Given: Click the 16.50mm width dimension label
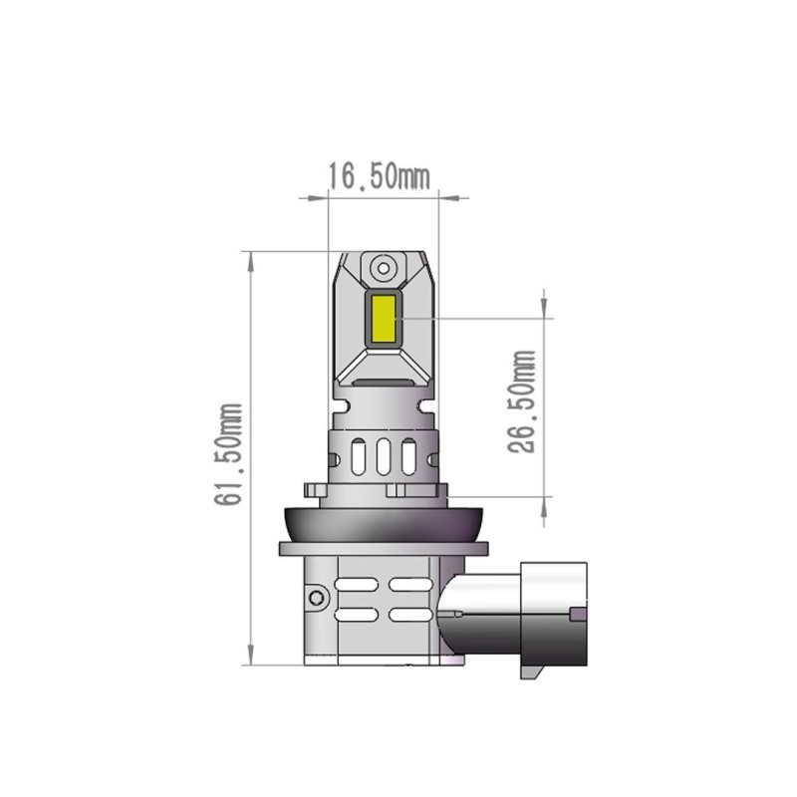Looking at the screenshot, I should click(379, 176).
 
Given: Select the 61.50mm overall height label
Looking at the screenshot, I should click(228, 454).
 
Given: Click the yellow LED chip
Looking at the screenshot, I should click(383, 318).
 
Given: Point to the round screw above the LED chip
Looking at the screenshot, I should click(383, 267).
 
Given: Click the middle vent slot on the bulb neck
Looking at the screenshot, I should click(383, 456).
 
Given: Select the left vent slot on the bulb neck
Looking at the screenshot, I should click(358, 456).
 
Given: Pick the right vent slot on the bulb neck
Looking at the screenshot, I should click(407, 456).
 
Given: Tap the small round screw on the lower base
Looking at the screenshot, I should click(317, 598).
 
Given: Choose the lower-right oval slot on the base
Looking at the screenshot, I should click(409, 615).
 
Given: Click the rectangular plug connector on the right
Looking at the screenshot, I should click(553, 620).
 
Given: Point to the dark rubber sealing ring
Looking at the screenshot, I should click(383, 520).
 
